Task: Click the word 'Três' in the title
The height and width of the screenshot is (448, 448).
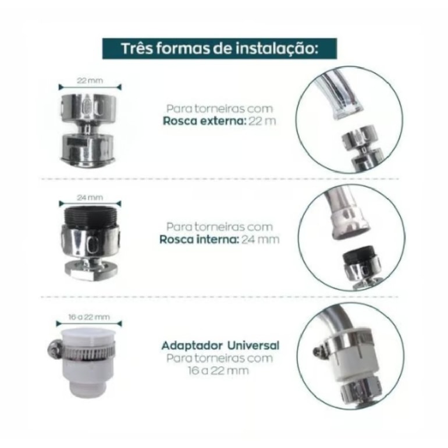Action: click(137, 48)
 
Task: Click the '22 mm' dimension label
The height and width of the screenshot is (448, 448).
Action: click(90, 80)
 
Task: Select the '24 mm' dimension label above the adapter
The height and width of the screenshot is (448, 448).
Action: click(90, 197)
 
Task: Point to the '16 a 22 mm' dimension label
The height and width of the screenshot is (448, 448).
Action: click(89, 317)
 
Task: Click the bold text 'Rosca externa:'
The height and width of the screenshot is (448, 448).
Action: click(205, 121)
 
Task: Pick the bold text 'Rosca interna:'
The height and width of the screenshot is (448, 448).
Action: click(199, 240)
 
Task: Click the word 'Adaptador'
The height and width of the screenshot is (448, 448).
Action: click(192, 346)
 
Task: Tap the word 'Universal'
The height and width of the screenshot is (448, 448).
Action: click(253, 346)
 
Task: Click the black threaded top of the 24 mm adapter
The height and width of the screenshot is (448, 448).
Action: click(90, 216)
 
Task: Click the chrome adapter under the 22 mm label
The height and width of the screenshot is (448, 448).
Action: click(88, 130)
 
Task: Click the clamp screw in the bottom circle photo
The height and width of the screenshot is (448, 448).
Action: click(318, 351)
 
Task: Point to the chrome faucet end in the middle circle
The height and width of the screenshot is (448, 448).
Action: click(350, 224)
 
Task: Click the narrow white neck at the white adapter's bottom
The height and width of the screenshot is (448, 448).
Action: click(87, 387)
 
